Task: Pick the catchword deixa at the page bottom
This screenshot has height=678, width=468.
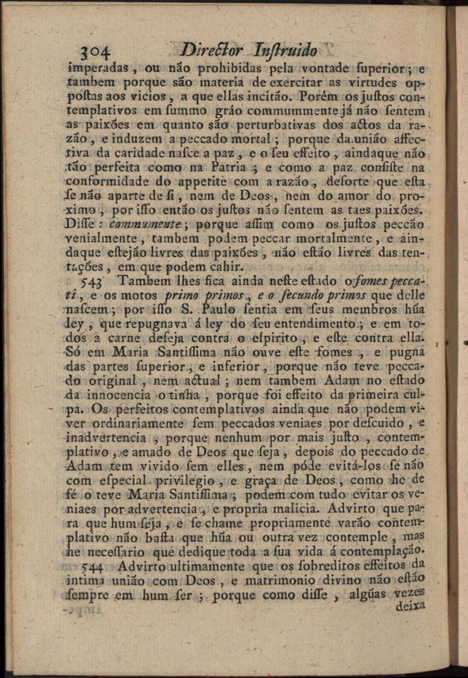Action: [407, 605]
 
